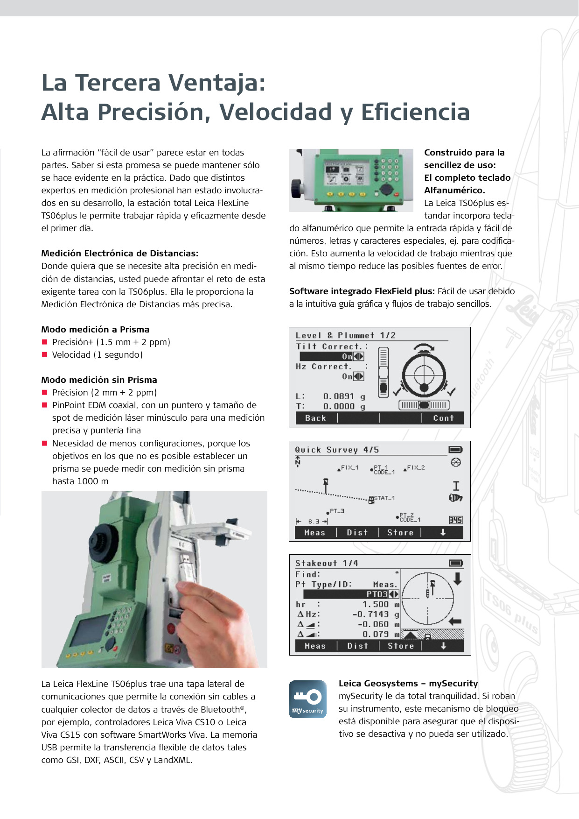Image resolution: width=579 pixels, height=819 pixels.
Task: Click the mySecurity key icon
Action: tap(307, 699)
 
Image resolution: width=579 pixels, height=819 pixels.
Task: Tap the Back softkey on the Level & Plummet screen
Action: tap(315, 418)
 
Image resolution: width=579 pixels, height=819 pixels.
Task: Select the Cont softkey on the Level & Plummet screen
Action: tap(443, 418)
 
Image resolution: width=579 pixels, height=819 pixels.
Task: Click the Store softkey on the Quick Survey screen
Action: tap(400, 533)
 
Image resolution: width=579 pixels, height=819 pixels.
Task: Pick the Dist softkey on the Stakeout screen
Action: tap(357, 646)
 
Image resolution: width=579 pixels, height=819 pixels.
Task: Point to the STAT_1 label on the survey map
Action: tap(384, 498)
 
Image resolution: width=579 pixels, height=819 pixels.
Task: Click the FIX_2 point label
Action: tap(416, 467)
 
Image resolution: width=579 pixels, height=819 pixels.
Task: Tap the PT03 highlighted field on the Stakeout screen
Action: tap(377, 594)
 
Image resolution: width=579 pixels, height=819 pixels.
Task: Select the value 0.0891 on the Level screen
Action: tap(338, 396)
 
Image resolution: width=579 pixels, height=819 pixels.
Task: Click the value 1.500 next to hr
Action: tap(375, 604)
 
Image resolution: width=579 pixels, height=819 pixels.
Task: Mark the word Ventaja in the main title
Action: tap(217, 83)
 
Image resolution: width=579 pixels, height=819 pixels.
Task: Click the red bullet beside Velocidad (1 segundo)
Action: tap(45, 355)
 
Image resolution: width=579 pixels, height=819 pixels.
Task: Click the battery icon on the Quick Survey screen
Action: tap(455, 450)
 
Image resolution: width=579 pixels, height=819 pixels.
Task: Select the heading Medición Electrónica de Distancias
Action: tap(119, 254)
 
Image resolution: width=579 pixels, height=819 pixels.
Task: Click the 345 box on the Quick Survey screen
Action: tap(455, 520)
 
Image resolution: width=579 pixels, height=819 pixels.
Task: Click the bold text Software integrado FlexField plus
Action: tap(362, 291)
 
